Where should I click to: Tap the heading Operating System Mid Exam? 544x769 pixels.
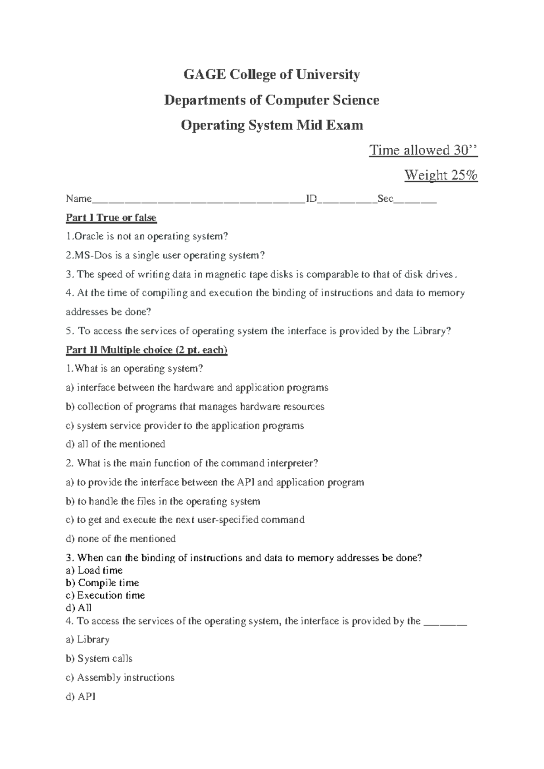coord(272,125)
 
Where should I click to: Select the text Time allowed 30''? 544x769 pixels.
coord(423,150)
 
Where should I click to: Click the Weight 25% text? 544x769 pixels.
coord(441,175)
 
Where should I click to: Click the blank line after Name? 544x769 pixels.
coord(199,200)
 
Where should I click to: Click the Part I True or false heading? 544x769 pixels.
coord(111,218)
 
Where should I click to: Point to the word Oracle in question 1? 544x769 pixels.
coord(89,236)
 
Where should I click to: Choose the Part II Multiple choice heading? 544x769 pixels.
coord(146,350)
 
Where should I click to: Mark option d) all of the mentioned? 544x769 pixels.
coord(115,444)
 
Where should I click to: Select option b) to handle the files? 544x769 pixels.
coord(163,501)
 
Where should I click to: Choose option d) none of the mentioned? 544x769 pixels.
coord(121,539)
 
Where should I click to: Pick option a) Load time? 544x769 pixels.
coord(94,570)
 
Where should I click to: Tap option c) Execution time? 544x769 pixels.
coord(105,595)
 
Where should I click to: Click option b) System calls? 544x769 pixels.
coord(99,658)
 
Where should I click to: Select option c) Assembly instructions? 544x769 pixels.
coord(120,677)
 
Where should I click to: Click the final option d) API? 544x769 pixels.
coord(81,696)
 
